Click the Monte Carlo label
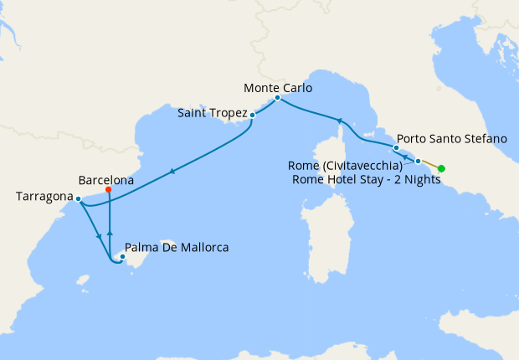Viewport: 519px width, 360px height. point(278,87)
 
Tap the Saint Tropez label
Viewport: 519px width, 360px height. point(213,112)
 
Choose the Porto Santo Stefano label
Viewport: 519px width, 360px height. point(451,138)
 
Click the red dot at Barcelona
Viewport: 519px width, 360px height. point(110,190)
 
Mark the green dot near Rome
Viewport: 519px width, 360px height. point(441,169)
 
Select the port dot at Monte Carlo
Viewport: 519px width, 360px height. point(277,98)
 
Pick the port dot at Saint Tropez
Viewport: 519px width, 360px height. point(252,116)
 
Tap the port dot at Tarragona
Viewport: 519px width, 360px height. point(78,199)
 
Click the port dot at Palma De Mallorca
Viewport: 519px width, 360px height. point(123,258)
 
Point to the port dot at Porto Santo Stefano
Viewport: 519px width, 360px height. point(396,148)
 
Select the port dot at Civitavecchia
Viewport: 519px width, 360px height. point(418,160)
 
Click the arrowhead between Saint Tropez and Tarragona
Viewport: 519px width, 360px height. point(172,172)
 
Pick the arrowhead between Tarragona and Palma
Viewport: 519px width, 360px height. point(100,237)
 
